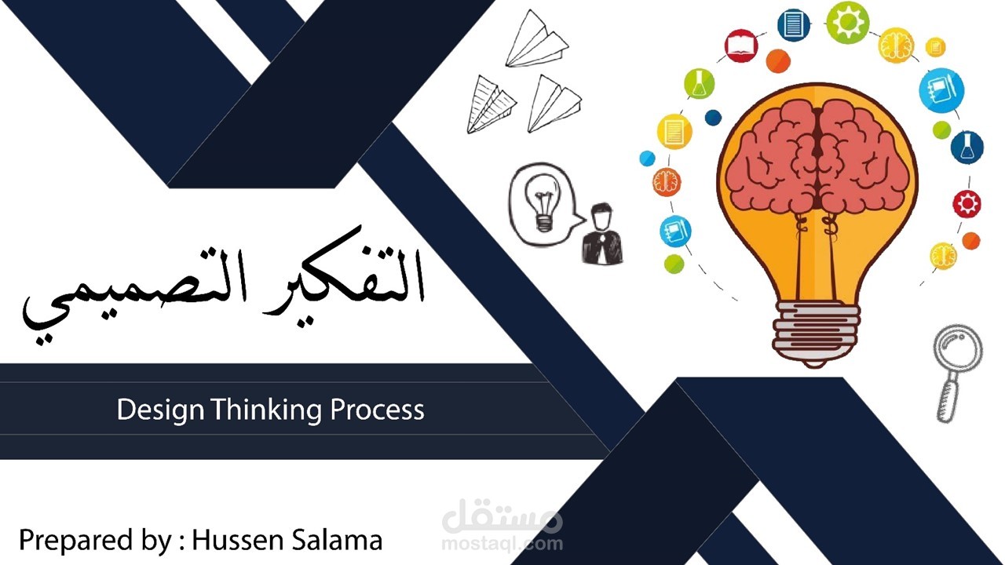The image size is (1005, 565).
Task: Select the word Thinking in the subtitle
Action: (266, 409)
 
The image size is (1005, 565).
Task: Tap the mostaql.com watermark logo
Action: (502, 527)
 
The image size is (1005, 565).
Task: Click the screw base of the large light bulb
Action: (817, 330)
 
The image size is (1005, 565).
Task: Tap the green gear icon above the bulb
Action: (847, 23)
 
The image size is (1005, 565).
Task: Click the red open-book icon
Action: (740, 45)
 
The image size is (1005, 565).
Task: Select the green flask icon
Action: (698, 83)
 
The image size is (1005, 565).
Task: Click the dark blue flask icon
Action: (967, 147)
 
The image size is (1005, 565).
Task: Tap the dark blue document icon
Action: (794, 24)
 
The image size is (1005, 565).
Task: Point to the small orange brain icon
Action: (667, 182)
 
